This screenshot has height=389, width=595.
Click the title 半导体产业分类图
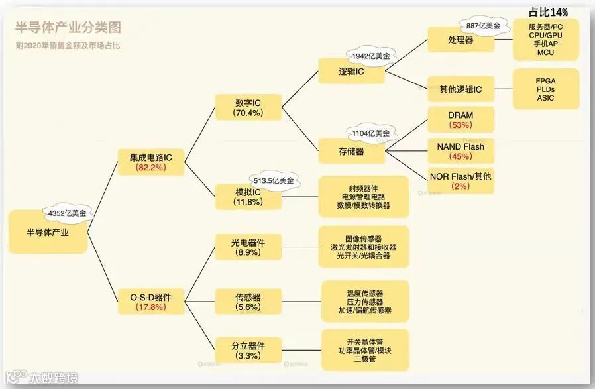point(68,28)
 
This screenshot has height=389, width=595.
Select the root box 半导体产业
point(48,233)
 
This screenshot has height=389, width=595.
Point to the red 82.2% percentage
point(151,168)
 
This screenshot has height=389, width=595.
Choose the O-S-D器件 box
point(151,302)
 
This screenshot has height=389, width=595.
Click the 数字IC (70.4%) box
point(248,107)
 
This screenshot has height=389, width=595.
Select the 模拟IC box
point(248,197)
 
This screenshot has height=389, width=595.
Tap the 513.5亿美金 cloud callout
point(274,180)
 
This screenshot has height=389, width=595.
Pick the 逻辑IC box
point(351,71)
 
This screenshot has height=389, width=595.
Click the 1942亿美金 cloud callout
point(371,57)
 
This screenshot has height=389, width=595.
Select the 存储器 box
point(351,152)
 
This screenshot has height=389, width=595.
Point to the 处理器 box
point(460,40)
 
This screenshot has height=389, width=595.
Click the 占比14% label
point(549,12)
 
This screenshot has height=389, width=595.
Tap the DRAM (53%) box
point(460,120)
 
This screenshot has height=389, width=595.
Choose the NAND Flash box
point(460,151)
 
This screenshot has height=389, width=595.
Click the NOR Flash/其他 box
point(460,181)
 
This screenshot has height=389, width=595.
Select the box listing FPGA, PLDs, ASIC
point(546,89)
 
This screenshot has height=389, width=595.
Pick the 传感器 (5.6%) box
point(248,302)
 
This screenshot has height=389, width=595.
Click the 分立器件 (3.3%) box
point(248,351)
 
